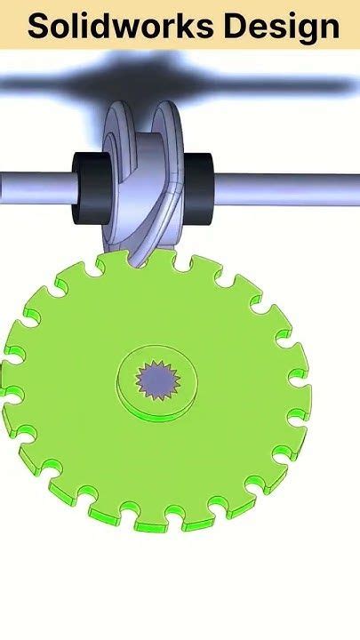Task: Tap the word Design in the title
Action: (x=281, y=28)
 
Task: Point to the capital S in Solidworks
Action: (x=38, y=28)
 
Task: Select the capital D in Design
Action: (x=235, y=28)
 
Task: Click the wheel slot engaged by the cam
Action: (x=140, y=260)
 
